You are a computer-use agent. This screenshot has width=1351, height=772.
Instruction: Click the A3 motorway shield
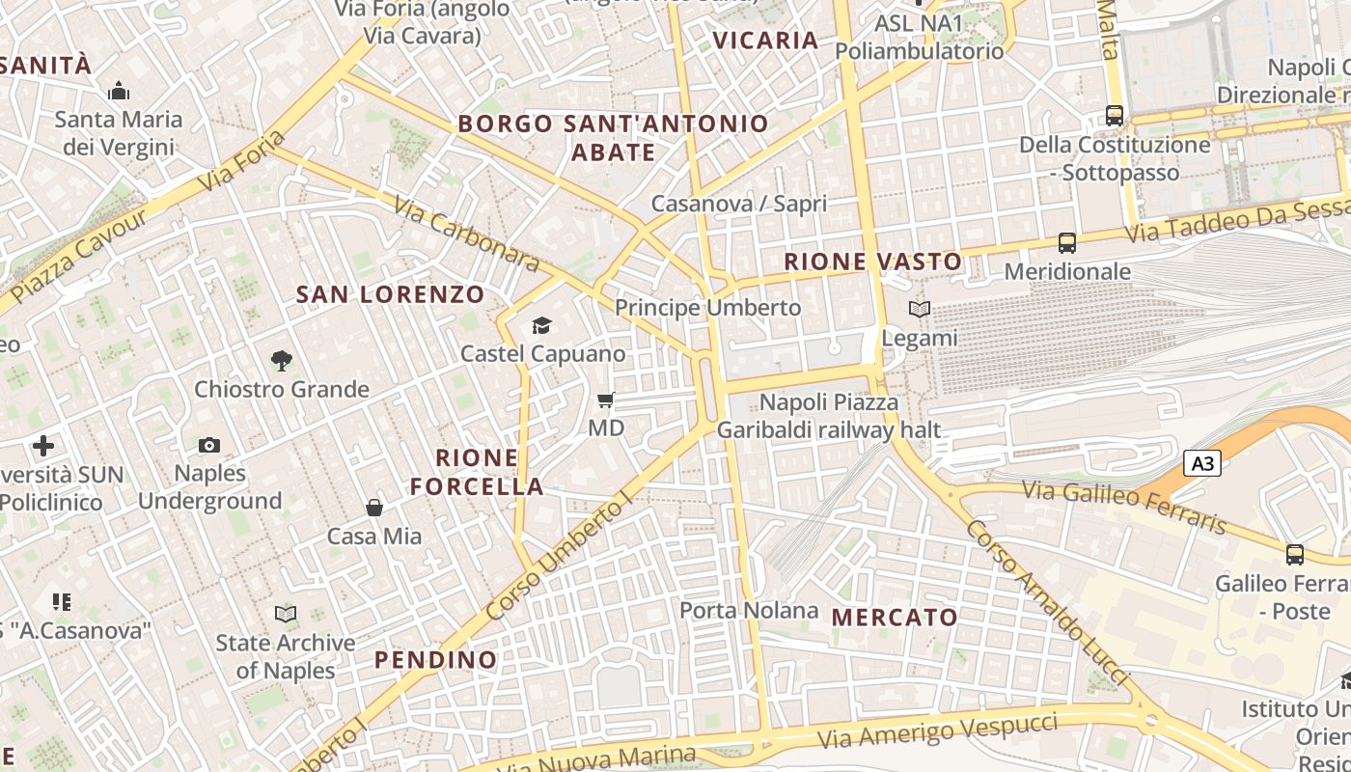coord(1202,464)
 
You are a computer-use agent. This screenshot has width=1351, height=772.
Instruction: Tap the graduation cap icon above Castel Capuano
coord(541,326)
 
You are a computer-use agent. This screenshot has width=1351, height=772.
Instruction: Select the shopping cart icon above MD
coord(606,400)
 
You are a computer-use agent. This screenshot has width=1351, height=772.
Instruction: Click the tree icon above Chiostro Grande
coord(282,361)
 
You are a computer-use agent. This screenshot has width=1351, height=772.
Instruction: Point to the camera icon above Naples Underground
coord(209,445)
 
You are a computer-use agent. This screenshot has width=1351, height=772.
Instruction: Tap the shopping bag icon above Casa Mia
coord(374,508)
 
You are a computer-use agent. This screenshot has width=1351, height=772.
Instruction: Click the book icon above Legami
coord(920,310)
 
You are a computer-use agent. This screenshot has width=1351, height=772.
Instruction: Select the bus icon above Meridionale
coord(1067,243)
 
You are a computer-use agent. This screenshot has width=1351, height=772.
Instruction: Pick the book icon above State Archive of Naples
coord(286,614)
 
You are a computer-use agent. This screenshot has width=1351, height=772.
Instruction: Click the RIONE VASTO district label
coord(872,262)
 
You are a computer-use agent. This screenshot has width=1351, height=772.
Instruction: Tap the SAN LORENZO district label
coord(390,294)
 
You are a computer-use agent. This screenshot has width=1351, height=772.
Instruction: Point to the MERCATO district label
coord(895,618)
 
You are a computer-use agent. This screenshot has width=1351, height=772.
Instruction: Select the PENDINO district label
coord(435,660)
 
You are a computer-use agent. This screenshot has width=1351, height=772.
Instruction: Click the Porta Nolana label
coord(749,610)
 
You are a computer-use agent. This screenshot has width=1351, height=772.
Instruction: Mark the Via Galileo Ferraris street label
coord(1124,507)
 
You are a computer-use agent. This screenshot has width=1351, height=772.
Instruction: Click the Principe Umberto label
coord(707,307)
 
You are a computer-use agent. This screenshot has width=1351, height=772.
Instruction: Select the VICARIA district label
coord(765,41)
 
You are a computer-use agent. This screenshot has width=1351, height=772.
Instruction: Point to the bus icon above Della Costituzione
coord(1115,116)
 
